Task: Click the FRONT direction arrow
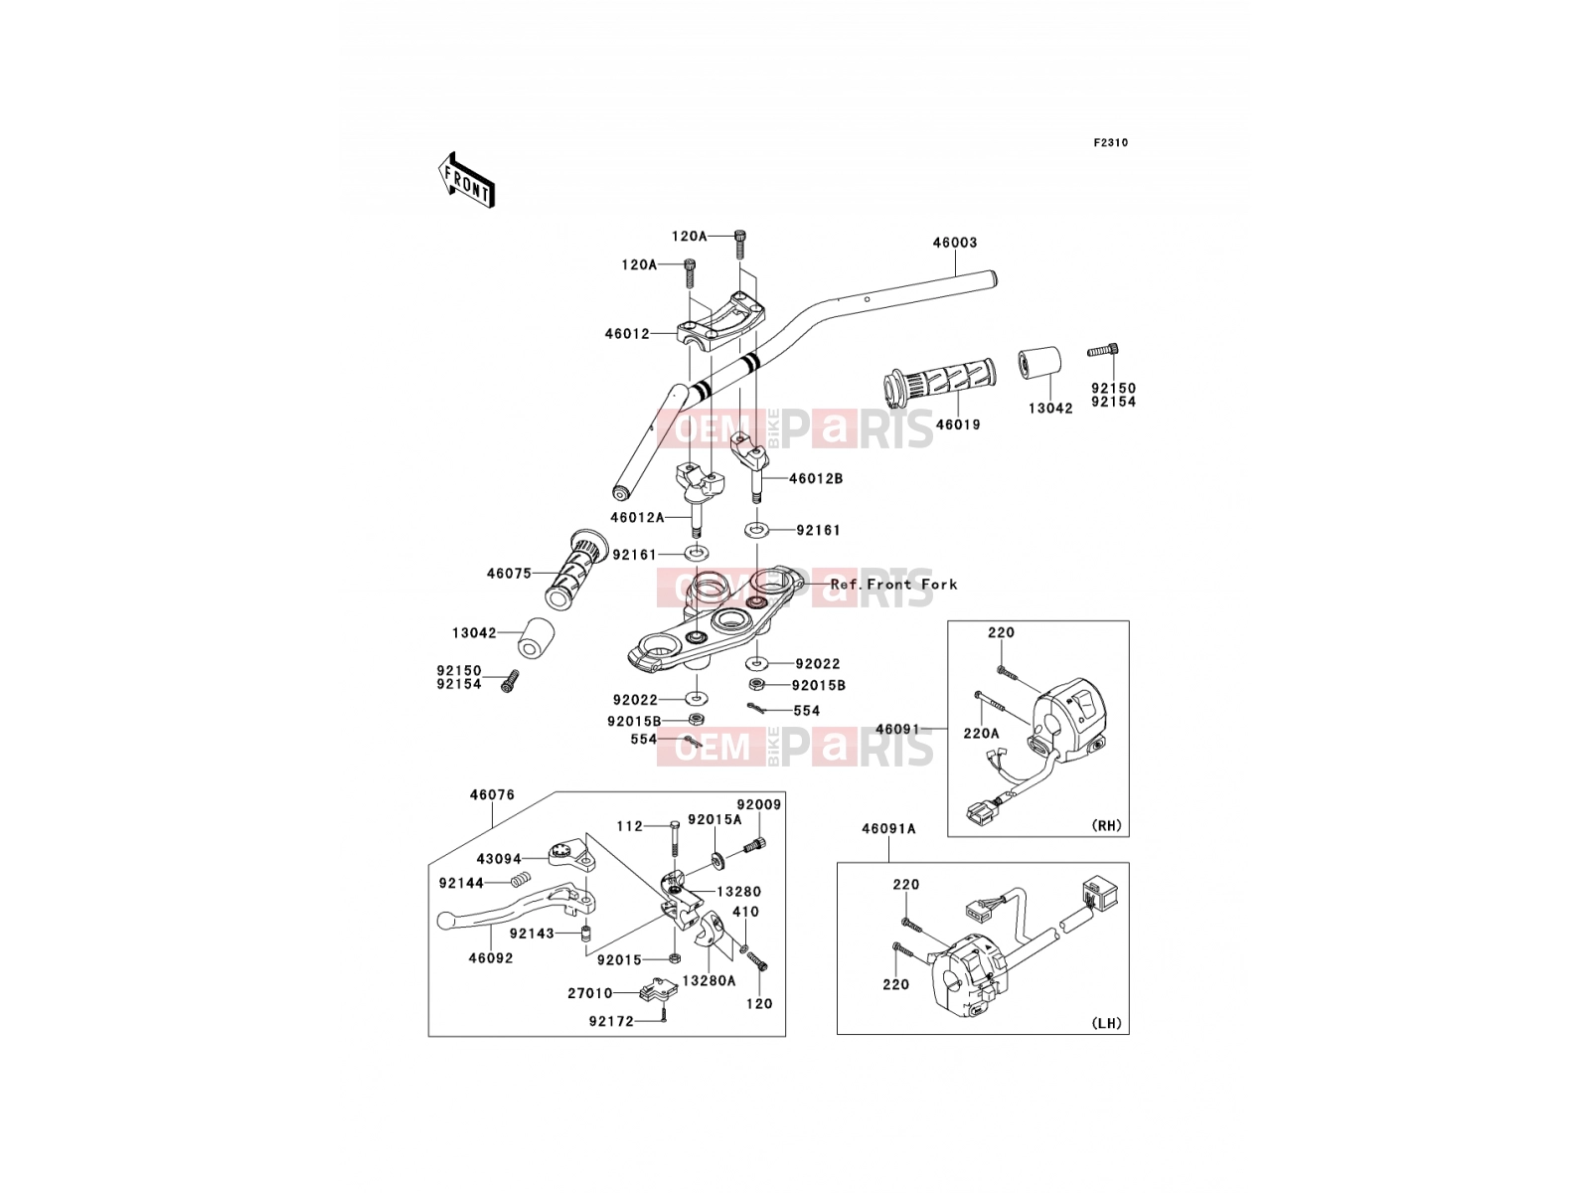pos(466,180)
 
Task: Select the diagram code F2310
pos(1110,143)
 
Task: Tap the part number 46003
pos(955,243)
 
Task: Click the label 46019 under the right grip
pos(958,425)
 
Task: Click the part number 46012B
pos(816,479)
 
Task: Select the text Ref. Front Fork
pos(893,584)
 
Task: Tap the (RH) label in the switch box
pos(1106,825)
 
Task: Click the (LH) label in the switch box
pos(1106,1023)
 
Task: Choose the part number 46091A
pos(888,829)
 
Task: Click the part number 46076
pos(492,794)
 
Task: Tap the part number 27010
pos(589,994)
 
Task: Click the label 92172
pos(611,1021)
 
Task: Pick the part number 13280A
pos(710,981)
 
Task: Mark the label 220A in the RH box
pos(981,733)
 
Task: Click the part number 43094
pos(499,859)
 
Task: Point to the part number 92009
pos(759,804)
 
